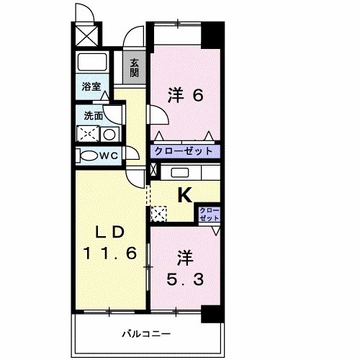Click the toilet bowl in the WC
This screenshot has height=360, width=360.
pos(89,156)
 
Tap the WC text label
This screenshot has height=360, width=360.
pos(109,156)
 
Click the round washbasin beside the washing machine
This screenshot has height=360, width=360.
pos(109,134)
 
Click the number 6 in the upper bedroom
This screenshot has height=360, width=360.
pos(194,96)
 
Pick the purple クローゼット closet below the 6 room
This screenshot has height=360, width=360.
pos(184,152)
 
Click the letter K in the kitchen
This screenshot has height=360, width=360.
pos(184,194)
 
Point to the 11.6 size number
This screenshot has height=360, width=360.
pos(111,253)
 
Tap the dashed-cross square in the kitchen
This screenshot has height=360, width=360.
pos(159,214)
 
